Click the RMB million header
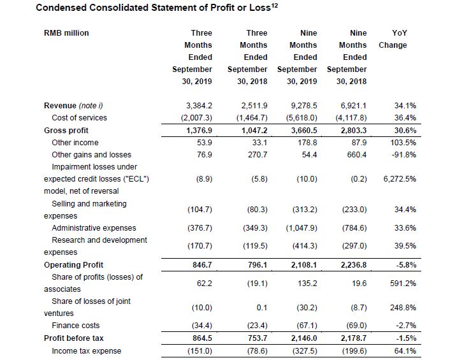tap(66, 33)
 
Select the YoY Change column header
tap(393, 39)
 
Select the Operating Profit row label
tap(73, 264)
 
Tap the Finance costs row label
tap(76, 326)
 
